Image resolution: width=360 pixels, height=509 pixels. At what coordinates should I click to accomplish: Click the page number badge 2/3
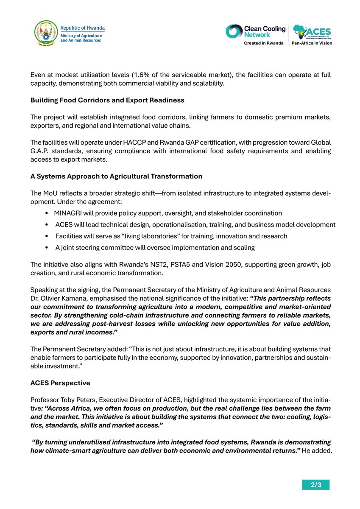(x=315, y=485)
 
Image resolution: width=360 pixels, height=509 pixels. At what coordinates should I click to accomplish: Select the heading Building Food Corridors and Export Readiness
(x=107, y=101)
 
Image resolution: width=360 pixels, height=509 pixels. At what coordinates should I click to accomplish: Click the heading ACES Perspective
(x=60, y=383)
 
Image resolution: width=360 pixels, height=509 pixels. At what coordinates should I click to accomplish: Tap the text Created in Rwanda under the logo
(x=263, y=43)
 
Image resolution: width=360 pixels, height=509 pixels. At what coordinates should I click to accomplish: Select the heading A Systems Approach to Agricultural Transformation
(x=116, y=176)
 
